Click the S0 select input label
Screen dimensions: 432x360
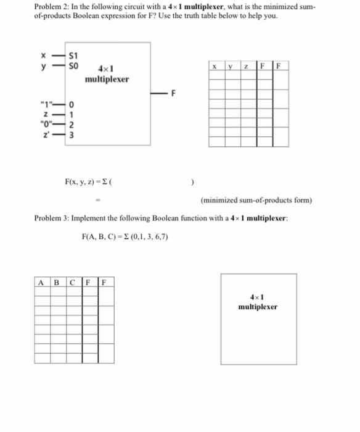click(74, 64)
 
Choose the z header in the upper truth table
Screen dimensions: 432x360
click(246, 66)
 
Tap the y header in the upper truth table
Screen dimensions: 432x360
click(230, 66)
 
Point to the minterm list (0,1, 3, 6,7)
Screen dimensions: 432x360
click(147, 236)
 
